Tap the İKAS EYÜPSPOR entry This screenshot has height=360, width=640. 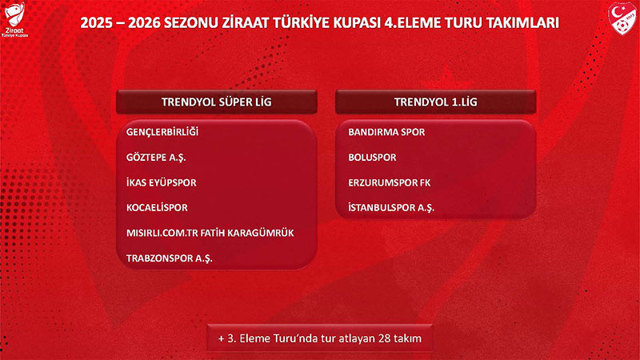click(161, 182)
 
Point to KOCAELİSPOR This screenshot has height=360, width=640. click(157, 208)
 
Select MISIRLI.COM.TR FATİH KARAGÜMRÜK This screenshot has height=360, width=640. click(210, 233)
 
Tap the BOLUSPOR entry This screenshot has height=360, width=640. click(372, 158)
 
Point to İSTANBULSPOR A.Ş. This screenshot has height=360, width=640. click(391, 208)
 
